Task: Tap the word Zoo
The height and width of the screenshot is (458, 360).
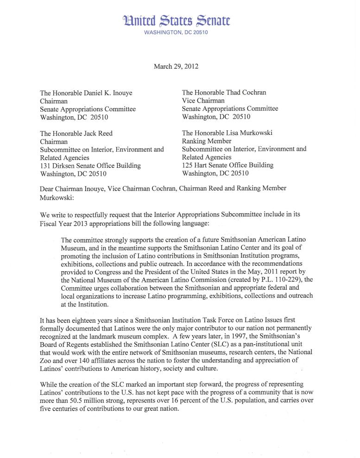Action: (47, 361)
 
